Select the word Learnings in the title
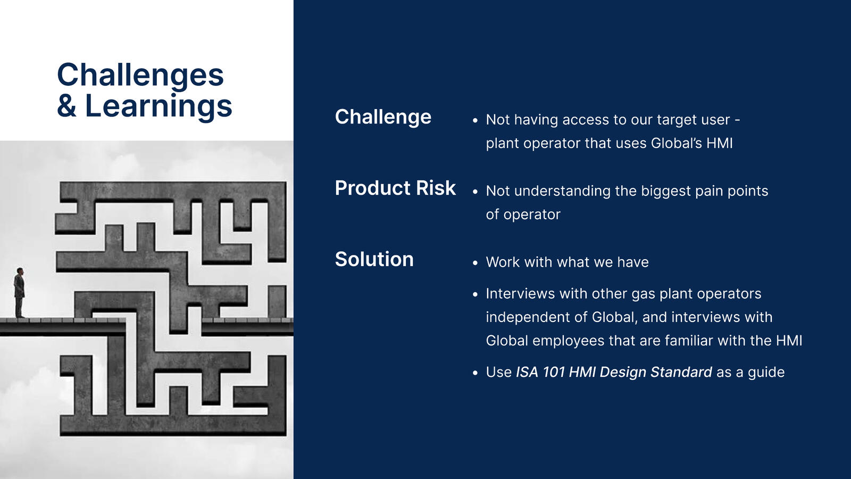[x=158, y=107]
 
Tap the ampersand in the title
[x=66, y=106]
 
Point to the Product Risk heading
[x=395, y=188]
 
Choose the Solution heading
[x=374, y=259]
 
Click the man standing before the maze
[x=19, y=292]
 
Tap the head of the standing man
[x=20, y=271]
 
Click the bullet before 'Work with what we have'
[x=475, y=263]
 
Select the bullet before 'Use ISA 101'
[x=475, y=373]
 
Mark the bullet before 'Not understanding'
[x=475, y=192]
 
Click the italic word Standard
[x=681, y=372]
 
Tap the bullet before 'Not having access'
[x=475, y=120]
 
